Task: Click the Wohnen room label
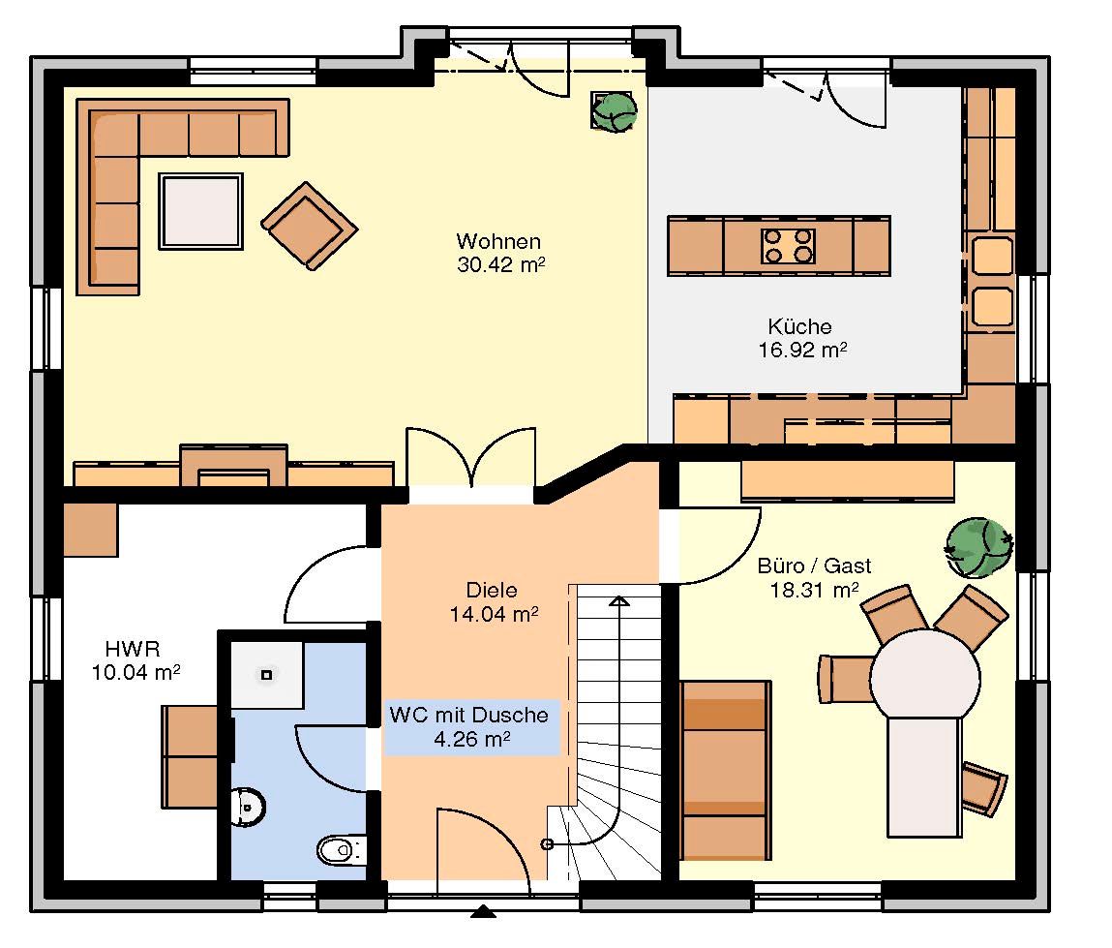point(498,241)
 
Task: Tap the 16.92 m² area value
point(803,350)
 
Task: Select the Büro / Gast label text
point(814,566)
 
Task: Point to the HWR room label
point(133,649)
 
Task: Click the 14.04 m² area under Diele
point(494,614)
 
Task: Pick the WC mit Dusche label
point(468,715)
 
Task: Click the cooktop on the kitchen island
point(787,246)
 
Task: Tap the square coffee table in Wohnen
point(201,211)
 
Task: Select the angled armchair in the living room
point(309,226)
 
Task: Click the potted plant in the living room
point(614,111)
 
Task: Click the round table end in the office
point(925,676)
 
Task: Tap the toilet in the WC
point(341,848)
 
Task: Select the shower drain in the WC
point(267,675)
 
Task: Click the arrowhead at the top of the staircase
point(619,601)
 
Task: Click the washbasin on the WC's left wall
point(246,807)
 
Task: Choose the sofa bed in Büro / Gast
point(725,771)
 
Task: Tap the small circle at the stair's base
point(547,843)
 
